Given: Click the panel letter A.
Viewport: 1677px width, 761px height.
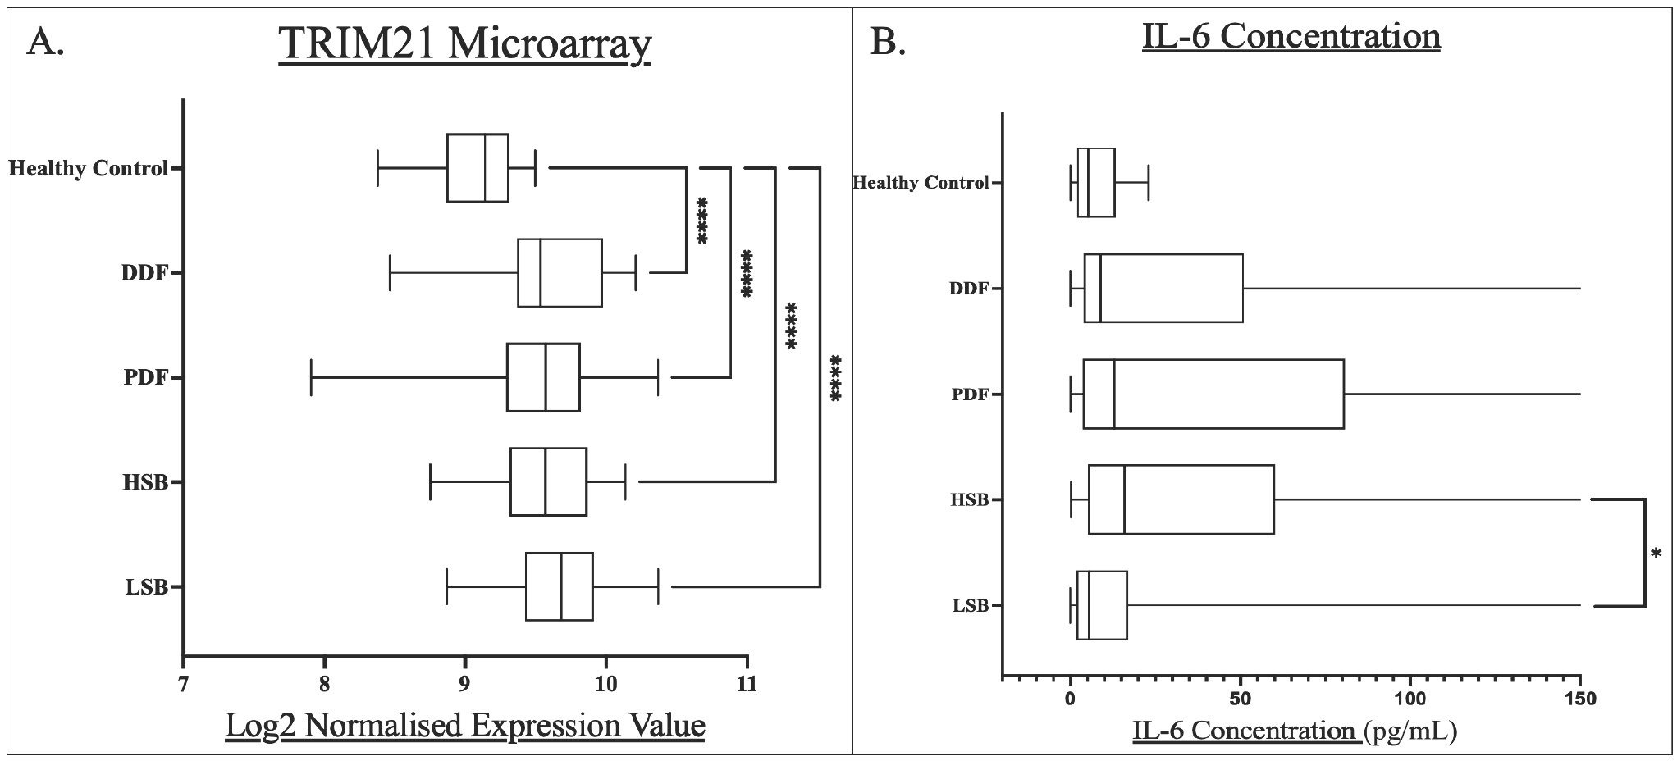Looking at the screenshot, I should point(45,41).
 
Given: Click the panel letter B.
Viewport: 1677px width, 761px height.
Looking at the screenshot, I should point(888,41).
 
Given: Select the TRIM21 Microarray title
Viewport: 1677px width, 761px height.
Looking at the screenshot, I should point(464,44).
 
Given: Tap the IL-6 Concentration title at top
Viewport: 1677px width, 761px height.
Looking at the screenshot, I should point(1291,36).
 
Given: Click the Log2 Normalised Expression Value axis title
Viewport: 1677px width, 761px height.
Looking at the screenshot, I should point(465,726).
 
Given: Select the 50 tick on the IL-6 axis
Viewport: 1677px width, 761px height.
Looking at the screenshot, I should point(1240,699).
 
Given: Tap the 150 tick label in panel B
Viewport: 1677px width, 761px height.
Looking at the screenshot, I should point(1580,699).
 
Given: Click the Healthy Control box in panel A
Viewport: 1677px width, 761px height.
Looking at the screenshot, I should point(478,167).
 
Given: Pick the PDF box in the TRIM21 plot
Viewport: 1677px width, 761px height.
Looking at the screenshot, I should point(543,377).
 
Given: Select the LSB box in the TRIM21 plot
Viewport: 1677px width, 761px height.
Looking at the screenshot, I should point(559,586).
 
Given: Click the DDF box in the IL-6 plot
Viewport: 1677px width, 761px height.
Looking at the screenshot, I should point(1163,289).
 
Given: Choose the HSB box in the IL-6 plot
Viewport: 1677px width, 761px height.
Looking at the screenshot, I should point(1181,499).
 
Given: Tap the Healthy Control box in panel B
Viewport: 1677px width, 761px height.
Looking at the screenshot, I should point(1096,182).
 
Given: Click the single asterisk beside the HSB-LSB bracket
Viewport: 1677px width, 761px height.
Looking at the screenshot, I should point(1656,555).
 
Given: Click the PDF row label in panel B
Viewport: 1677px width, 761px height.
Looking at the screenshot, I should point(970,394).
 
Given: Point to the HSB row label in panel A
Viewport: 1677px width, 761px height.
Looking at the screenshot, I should point(145,482).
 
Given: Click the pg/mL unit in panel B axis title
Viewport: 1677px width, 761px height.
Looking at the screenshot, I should point(1410,730).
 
